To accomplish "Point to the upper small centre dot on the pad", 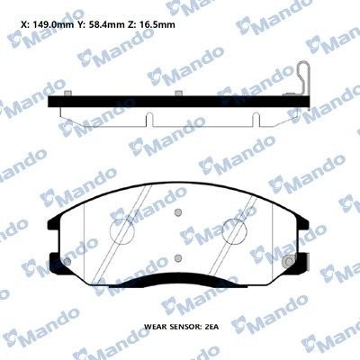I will point(179,213).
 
